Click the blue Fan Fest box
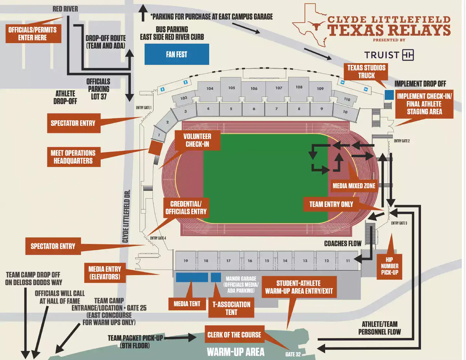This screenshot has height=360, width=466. click(x=176, y=54)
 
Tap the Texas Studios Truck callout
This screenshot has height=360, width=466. click(x=366, y=72)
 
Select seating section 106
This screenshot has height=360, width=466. click(x=254, y=88)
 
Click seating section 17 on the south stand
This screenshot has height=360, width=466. click(x=228, y=261)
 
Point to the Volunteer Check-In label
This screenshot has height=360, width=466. click(x=197, y=140)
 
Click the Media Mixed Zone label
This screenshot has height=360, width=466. click(x=354, y=186)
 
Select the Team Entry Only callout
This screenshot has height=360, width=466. click(x=331, y=204)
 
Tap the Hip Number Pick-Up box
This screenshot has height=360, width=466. click(x=389, y=266)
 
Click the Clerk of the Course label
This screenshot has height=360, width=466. click(x=234, y=335)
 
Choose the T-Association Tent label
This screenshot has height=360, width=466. click(x=231, y=308)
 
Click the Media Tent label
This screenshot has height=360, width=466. click(x=187, y=304)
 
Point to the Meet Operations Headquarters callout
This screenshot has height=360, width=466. click(x=73, y=157)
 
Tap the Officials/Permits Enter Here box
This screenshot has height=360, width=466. click(x=33, y=34)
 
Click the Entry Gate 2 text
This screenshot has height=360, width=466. click(x=402, y=141)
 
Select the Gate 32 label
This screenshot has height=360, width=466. click(x=293, y=354)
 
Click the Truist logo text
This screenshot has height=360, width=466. click(x=381, y=55)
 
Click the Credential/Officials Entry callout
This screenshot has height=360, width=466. click(x=186, y=208)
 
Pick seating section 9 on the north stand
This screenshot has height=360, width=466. click(x=322, y=109)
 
